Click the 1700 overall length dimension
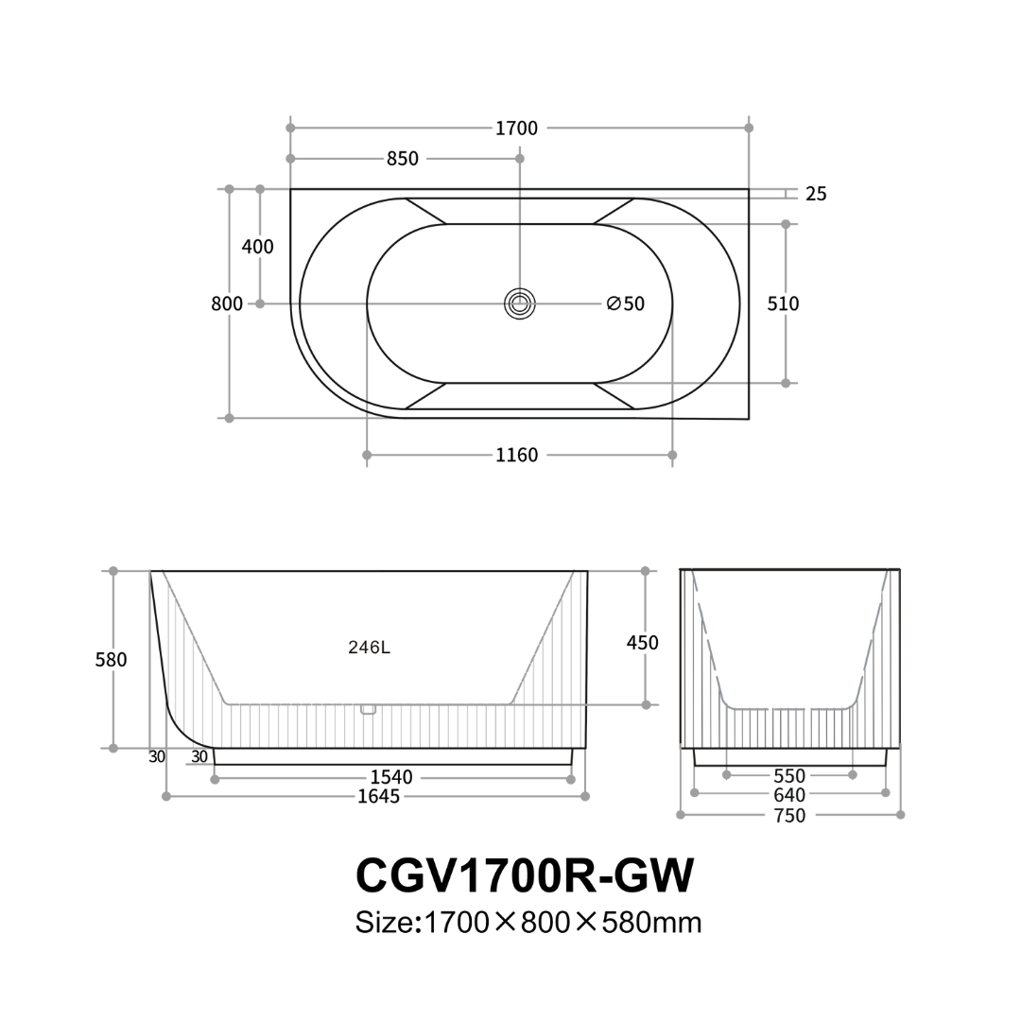516,129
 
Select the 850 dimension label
403,159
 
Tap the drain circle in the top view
519,303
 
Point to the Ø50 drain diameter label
626,303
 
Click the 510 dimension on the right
783,303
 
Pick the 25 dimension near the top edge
816,194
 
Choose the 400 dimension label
258,247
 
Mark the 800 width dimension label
227,303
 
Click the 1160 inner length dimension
516,456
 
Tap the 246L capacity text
369,648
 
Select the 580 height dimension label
111,660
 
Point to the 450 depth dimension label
643,643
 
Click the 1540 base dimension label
391,777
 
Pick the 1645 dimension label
378,796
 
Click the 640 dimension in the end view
789,795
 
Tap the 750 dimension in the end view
789,815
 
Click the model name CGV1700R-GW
525,875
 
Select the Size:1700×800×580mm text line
528,922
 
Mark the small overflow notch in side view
369,709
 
